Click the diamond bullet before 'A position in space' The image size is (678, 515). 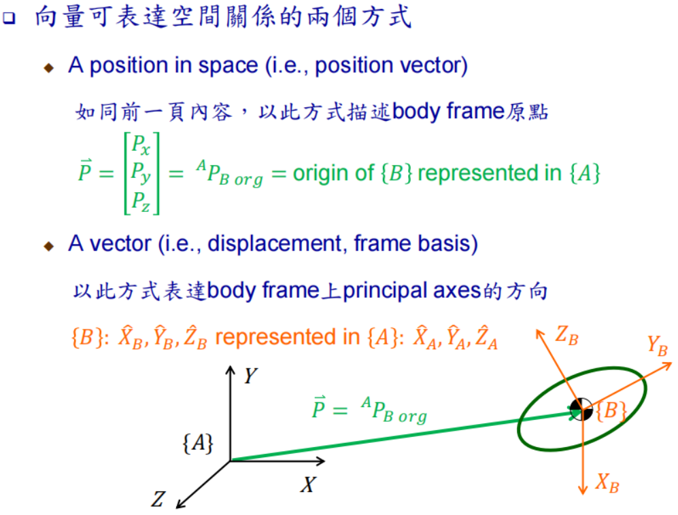pyautogui.click(x=48, y=68)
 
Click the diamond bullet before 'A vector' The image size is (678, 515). pyautogui.click(x=48, y=246)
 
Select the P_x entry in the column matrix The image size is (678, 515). pyautogui.click(x=141, y=145)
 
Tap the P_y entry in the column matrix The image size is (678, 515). pyautogui.click(x=141, y=173)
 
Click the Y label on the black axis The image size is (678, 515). pyautogui.click(x=250, y=375)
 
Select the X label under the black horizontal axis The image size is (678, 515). pyautogui.click(x=308, y=485)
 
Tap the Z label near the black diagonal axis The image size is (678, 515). pyautogui.click(x=158, y=500)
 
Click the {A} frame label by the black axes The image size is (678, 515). pyautogui.click(x=198, y=444)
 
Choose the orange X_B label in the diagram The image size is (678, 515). pyautogui.click(x=607, y=484)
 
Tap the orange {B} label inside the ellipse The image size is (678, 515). pyautogui.click(x=610, y=411)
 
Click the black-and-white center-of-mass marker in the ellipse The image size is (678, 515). pyautogui.click(x=581, y=410)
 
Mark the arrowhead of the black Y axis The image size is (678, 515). pyautogui.click(x=230, y=372)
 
